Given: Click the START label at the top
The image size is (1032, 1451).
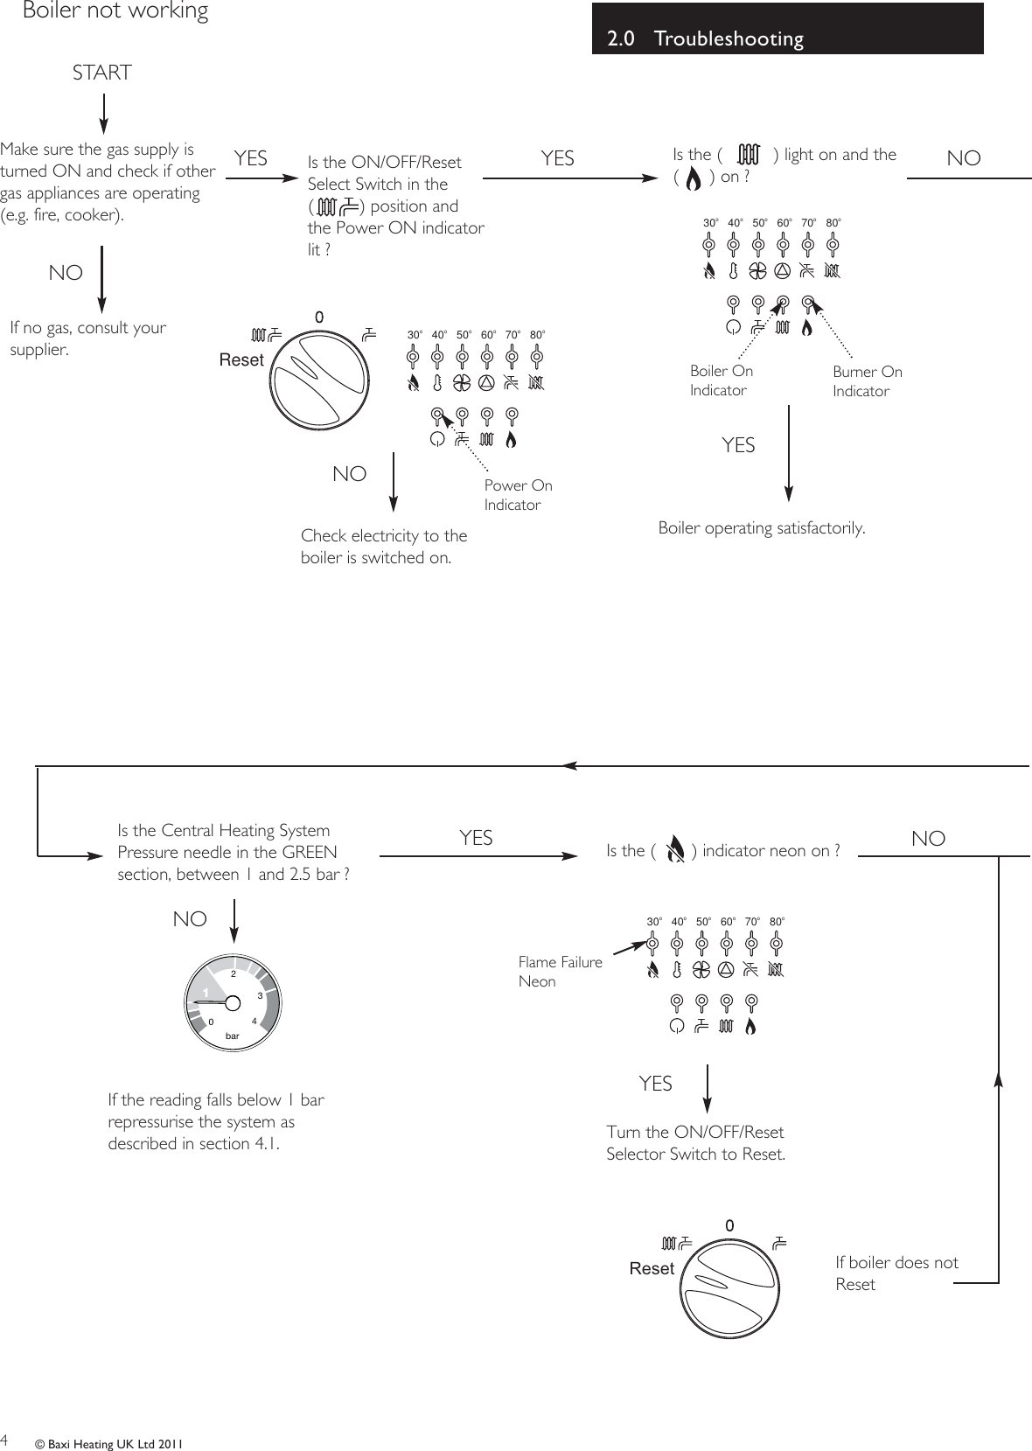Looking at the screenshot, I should pos(102,73).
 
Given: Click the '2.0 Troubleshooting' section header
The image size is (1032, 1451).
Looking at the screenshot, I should pos(705,38).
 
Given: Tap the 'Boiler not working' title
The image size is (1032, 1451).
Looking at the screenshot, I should pos(115,11).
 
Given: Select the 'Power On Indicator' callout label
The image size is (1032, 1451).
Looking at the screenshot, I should pos(518,495).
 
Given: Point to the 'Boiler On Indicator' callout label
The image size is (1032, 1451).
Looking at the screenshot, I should pos(721,380).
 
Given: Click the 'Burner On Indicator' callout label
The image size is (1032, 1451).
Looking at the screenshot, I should pos(867,381).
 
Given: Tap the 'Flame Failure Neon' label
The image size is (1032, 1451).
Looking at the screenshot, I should pos(560,971).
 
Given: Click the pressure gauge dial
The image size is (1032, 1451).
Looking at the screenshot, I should pos(233,1001).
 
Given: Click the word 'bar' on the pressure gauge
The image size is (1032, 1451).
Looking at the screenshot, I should pos(232,1036).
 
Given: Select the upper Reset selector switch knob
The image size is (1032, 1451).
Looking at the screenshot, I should pos(318,376).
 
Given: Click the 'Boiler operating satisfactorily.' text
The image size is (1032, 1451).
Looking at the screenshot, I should pos(761,528).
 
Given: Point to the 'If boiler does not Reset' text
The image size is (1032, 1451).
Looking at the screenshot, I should pos(896,1273).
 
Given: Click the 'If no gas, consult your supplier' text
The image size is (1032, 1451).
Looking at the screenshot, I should pos(87,338).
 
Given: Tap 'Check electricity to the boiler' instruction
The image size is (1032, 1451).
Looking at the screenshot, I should pos(383,547).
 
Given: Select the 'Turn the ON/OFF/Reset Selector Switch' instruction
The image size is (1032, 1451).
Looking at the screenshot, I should pos(695,1143).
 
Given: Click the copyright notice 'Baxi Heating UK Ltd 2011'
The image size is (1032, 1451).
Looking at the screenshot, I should pos(108,1444).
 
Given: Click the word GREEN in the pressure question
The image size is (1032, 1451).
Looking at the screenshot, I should pos(309,853).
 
